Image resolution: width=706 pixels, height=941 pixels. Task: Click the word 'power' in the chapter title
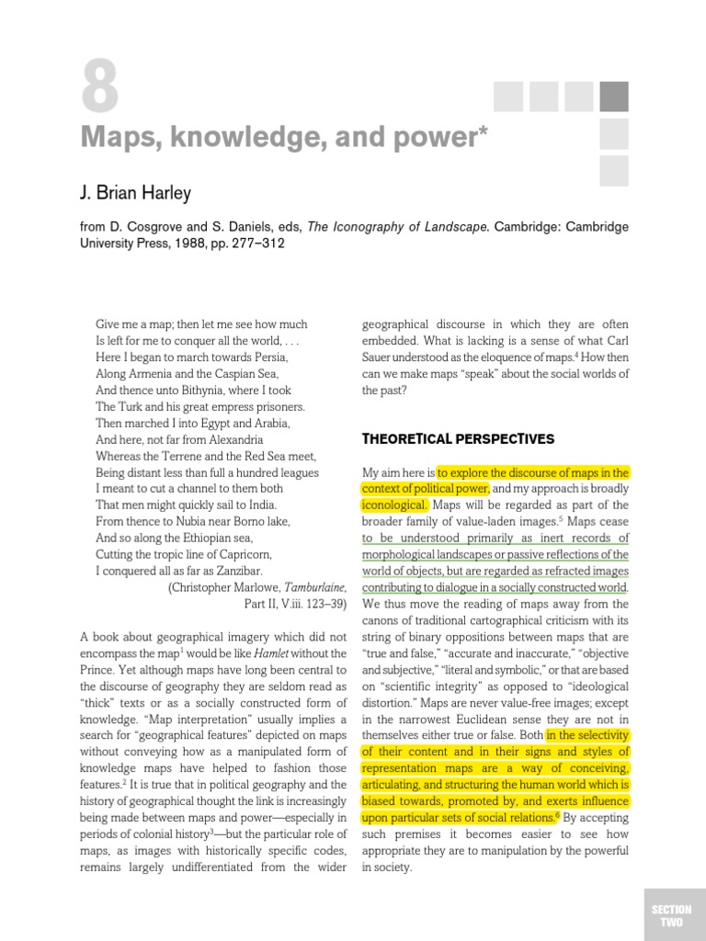pos(430,138)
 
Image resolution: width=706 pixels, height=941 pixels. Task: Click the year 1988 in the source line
pos(165,244)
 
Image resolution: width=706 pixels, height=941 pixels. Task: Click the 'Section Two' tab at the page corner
pos(671,915)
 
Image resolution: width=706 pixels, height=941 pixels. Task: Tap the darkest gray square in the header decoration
pos(614,96)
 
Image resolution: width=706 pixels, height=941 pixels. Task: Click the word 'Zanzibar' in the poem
pos(237,571)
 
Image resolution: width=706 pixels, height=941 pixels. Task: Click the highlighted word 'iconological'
pos(394,505)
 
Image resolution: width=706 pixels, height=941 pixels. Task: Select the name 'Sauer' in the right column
pos(380,357)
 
